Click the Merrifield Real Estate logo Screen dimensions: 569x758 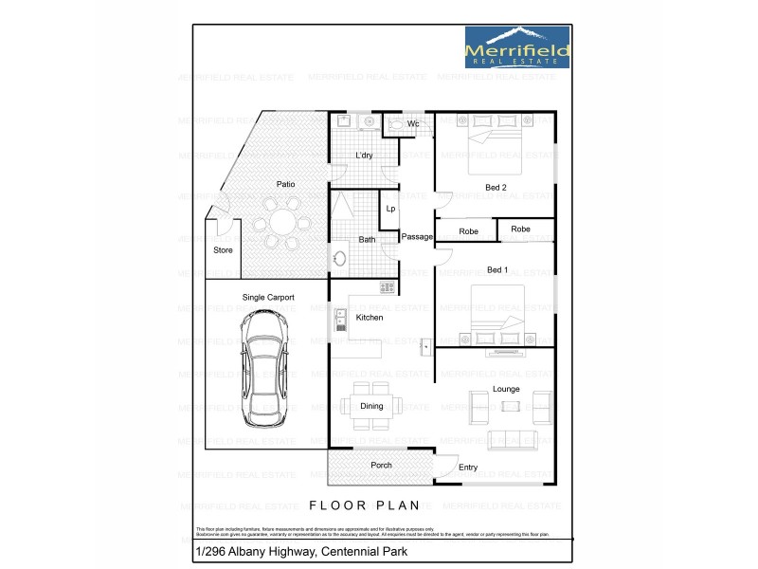[516, 46]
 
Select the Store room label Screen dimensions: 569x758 [223, 250]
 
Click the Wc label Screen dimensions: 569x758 [413, 124]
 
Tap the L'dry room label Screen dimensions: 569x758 [364, 156]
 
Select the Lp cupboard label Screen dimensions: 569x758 [390, 210]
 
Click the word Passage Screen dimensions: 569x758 [417, 237]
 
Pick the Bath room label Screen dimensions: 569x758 [367, 240]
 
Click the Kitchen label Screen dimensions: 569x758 [369, 318]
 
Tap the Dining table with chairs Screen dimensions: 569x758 [371, 406]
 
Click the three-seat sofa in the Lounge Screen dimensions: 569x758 [511, 437]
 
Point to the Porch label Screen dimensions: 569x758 [381, 466]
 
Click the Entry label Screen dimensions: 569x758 [468, 467]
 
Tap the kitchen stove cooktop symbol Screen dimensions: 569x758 [387, 286]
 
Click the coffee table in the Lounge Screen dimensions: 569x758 [511, 406]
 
